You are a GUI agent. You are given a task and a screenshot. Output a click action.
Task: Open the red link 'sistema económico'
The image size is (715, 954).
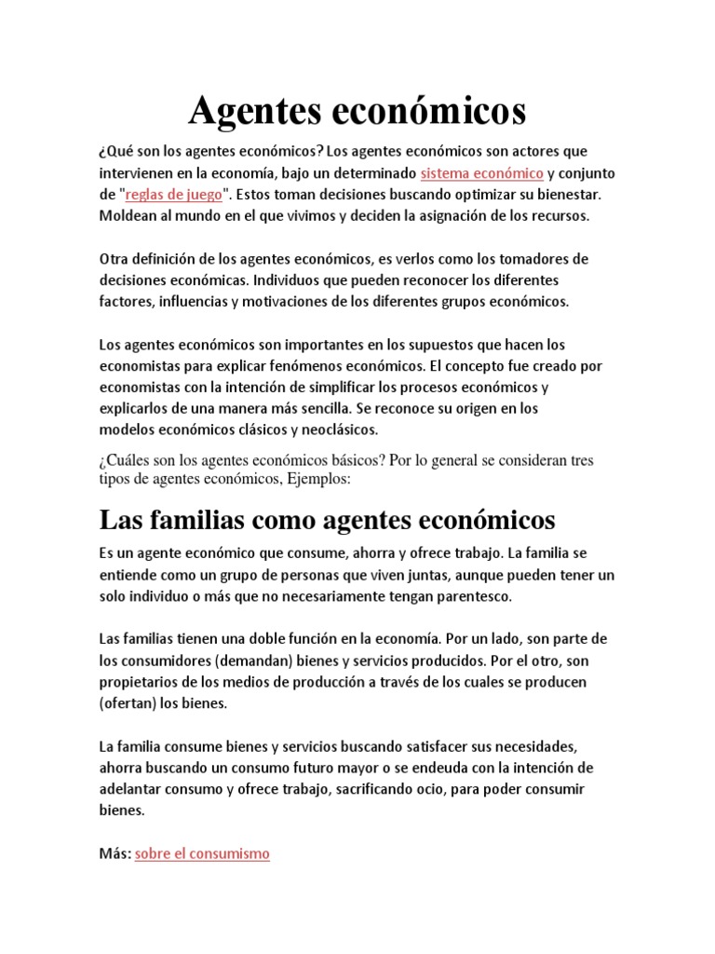482,173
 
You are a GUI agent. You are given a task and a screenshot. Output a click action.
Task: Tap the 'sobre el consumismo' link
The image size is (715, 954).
202,853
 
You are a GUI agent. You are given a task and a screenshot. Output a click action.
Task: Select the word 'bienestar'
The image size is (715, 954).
567,195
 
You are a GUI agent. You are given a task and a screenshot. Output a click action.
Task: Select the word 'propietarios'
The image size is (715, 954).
140,682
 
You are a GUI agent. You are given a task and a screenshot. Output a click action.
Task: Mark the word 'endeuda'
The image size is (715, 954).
429,768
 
